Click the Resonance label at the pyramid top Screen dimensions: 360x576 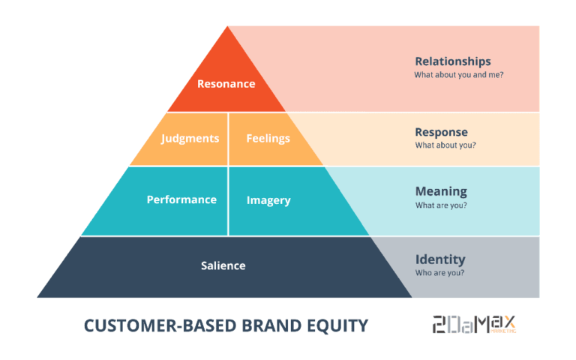[226, 84]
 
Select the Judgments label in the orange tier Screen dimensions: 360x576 [190, 139]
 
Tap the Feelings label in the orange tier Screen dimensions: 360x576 [268, 139]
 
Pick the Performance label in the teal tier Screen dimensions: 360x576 [181, 199]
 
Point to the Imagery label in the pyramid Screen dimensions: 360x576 [268, 200]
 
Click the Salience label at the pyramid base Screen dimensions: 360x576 [223, 265]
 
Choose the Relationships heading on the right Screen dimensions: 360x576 [453, 61]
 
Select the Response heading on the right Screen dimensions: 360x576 [441, 132]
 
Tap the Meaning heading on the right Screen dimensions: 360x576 [441, 191]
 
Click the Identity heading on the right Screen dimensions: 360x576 [440, 259]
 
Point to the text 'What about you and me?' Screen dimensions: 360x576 [458, 76]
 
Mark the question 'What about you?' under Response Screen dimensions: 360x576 [445, 145]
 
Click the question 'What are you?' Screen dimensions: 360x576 [441, 205]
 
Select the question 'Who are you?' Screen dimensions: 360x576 [439, 273]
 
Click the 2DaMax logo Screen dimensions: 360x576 [474, 324]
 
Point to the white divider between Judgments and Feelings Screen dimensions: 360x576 [228, 139]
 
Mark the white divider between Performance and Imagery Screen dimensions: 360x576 [228, 200]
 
